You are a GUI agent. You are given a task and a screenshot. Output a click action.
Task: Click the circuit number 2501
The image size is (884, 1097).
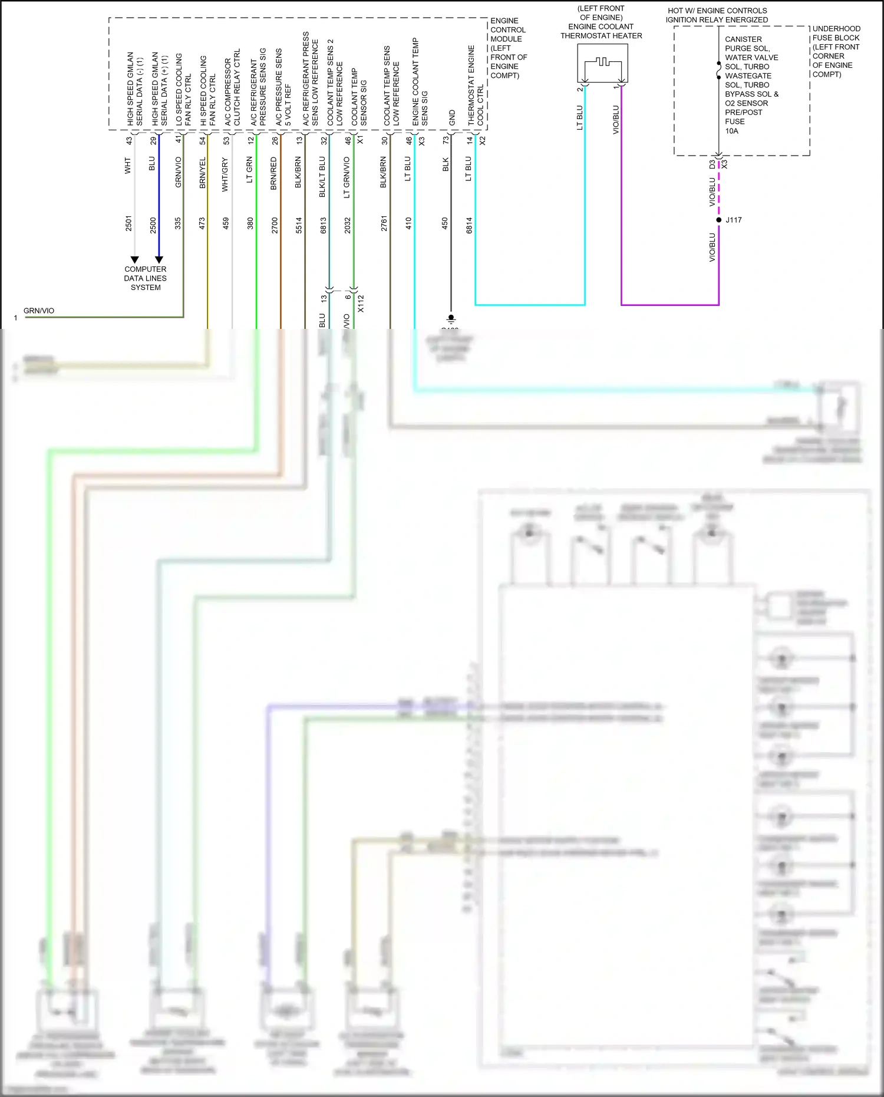(128, 223)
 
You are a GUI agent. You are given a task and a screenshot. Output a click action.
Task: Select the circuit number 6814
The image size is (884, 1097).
(469, 225)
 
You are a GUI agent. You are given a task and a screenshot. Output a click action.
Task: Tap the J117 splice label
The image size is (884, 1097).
(734, 220)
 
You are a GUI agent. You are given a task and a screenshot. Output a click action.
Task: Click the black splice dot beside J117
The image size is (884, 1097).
(718, 220)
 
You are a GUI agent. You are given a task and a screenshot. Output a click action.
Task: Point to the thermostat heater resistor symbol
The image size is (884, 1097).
(601, 62)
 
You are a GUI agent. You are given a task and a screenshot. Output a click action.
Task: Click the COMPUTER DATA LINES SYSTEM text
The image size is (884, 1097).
(145, 278)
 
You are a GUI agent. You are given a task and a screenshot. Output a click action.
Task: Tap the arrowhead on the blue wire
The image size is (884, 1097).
(159, 259)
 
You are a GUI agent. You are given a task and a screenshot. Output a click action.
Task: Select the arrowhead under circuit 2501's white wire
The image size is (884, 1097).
(134, 259)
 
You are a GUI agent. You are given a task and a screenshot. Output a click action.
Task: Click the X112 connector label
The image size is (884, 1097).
(361, 304)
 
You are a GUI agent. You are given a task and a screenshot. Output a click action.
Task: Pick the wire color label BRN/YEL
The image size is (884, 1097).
(202, 173)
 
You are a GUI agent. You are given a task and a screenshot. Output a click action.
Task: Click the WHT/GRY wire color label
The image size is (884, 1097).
(225, 174)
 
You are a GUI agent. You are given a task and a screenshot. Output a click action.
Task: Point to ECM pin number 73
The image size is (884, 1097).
(446, 140)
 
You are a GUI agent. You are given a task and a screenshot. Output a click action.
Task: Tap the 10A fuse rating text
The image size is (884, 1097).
(731, 131)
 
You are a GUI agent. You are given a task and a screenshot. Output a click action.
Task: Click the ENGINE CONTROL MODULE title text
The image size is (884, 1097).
(508, 48)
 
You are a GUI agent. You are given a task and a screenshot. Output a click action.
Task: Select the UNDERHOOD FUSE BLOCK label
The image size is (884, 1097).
(836, 51)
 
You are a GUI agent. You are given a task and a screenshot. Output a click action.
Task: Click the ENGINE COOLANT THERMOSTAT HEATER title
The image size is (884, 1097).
(601, 22)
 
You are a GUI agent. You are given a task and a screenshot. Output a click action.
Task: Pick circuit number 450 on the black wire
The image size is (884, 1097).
(445, 223)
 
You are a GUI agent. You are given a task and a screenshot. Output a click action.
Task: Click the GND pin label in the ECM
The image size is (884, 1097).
(452, 117)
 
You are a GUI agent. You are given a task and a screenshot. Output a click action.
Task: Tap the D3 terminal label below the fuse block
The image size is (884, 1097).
(712, 164)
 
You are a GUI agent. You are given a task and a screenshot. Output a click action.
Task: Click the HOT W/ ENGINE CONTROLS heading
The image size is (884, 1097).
(717, 15)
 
